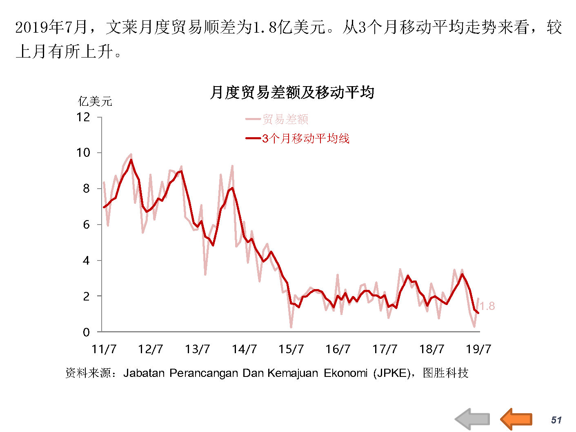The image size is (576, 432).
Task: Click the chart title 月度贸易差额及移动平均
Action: tap(291, 92)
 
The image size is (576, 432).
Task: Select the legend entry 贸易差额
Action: tap(285, 119)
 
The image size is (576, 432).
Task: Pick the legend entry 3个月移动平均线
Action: tap(305, 138)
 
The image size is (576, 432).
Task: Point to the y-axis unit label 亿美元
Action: tap(95, 101)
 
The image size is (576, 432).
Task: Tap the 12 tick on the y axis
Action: tap(83, 118)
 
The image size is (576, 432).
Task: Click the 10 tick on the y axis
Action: tap(83, 153)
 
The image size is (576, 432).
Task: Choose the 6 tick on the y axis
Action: tap(86, 225)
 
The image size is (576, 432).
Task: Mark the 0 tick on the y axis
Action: tap(86, 332)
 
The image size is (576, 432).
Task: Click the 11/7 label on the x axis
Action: tap(104, 349)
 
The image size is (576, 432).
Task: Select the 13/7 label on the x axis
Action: tap(197, 349)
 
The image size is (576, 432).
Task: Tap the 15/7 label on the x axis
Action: tap(291, 349)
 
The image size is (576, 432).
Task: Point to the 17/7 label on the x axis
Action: tap(385, 349)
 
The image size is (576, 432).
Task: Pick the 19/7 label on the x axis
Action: tap(478, 349)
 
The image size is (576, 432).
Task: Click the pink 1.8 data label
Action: tap(487, 306)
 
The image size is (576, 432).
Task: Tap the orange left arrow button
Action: tap(516, 419)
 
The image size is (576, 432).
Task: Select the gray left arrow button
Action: tap(472, 419)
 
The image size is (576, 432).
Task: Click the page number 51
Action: tap(556, 420)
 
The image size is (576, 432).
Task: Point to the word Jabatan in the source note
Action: tap(144, 373)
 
